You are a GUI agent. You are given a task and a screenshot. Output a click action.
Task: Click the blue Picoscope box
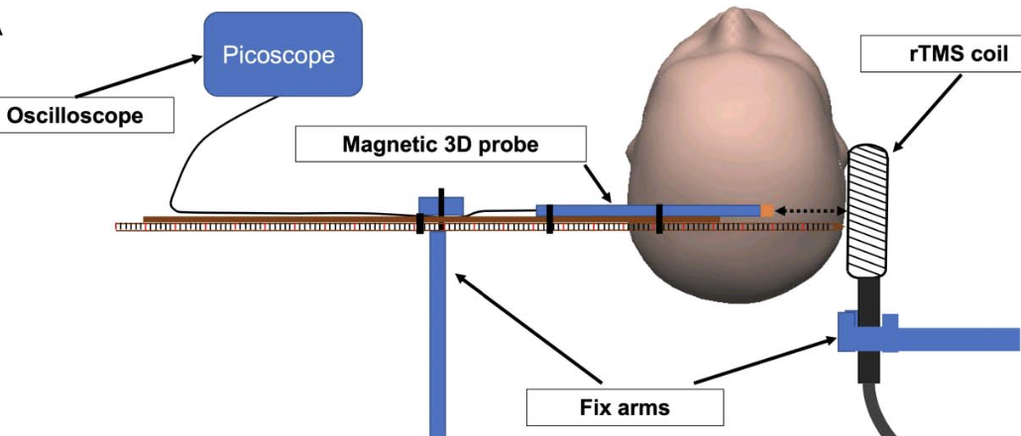click(x=284, y=54)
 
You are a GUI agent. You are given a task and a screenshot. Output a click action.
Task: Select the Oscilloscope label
click(x=85, y=115)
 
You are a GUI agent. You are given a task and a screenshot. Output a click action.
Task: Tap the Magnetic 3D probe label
click(x=441, y=144)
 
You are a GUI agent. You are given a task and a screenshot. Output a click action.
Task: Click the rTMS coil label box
click(x=941, y=54)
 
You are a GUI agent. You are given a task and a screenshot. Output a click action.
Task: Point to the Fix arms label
click(x=624, y=407)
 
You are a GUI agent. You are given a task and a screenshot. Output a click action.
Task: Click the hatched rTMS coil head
click(x=867, y=211)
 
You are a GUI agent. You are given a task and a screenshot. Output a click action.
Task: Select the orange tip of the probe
click(x=767, y=211)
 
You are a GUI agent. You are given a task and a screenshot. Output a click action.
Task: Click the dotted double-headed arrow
click(x=810, y=211)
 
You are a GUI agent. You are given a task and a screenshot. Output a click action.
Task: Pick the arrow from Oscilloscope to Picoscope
click(x=138, y=76)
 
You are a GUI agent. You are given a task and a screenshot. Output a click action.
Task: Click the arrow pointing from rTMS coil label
click(x=926, y=113)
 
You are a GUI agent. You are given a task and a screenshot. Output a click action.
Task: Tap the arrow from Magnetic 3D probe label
click(x=598, y=183)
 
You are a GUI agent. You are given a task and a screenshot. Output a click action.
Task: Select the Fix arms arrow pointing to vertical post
click(x=528, y=328)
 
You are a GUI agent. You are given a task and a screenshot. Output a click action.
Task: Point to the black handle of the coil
click(x=868, y=329)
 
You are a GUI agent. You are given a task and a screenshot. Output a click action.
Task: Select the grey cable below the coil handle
click(x=880, y=410)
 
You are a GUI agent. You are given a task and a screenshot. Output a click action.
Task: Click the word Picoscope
click(x=278, y=55)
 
